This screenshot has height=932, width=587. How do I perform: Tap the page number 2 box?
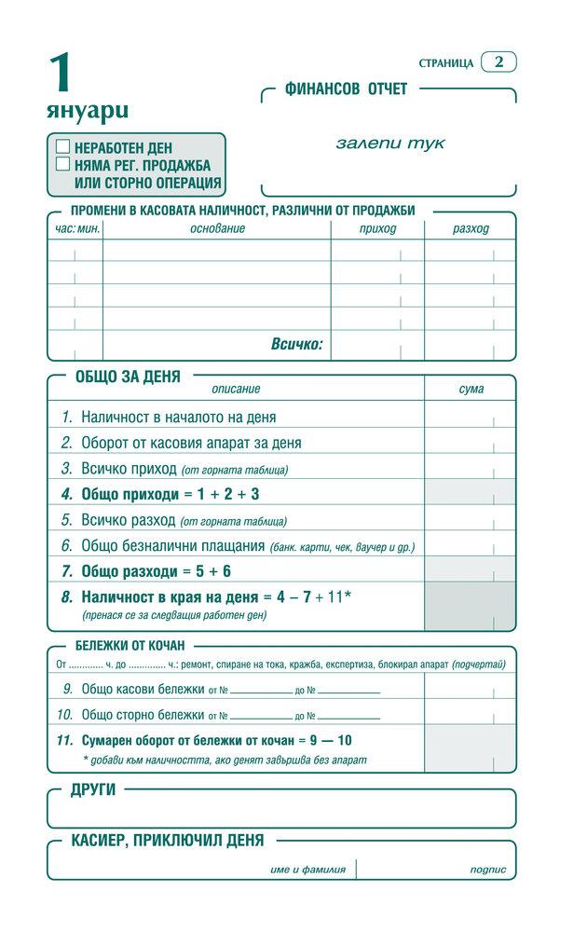[499, 62]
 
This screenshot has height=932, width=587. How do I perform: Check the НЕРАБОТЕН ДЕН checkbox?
[63, 146]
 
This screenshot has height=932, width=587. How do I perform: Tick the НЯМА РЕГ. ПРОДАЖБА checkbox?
[63, 164]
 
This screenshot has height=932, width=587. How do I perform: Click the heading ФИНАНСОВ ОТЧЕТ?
[347, 89]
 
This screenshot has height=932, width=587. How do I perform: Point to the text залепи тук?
[390, 144]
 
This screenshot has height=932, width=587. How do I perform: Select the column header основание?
[217, 228]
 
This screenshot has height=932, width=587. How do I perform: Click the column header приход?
[377, 228]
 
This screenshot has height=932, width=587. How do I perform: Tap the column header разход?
[471, 228]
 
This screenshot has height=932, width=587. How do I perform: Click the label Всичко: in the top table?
[296, 344]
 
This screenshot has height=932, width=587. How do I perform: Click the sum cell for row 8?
[471, 604]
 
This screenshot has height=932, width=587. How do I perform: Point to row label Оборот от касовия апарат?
[191, 443]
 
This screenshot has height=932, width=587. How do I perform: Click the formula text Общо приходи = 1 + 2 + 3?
[171, 494]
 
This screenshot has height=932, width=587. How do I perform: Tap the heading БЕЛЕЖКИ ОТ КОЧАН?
[130, 645]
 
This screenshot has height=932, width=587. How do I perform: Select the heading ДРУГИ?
[93, 790]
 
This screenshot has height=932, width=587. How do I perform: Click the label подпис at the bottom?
[488, 870]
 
